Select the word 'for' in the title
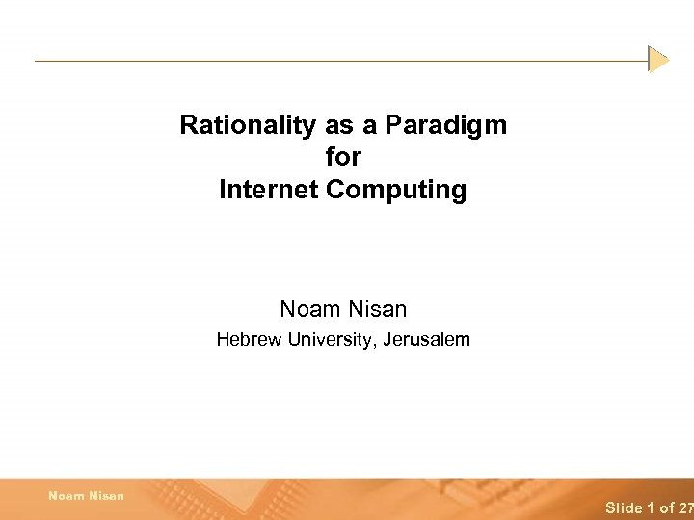343,157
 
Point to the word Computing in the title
396,190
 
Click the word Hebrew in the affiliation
244,339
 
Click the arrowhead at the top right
658,60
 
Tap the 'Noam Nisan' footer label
86,495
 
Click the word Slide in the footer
624,507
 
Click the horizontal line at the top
337,61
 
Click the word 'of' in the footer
666,507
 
